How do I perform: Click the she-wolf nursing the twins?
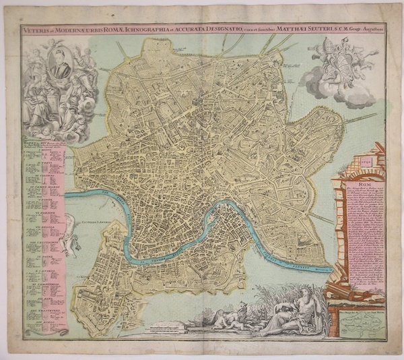tap(222, 317)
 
